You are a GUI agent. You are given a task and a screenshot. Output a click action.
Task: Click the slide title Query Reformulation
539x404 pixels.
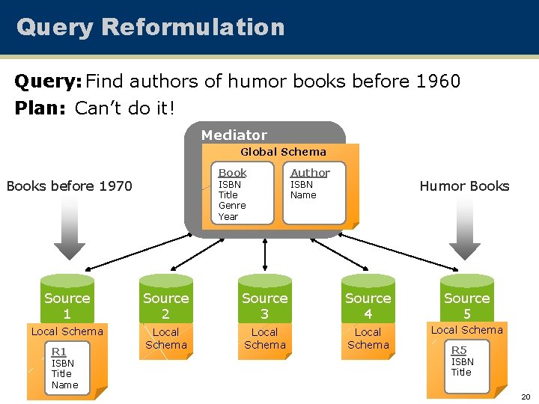(x=150, y=27)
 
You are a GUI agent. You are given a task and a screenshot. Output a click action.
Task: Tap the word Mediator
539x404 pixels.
(x=234, y=135)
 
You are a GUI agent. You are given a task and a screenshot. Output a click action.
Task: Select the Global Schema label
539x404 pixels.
(x=283, y=152)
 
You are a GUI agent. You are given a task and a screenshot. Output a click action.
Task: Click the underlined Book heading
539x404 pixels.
(x=232, y=173)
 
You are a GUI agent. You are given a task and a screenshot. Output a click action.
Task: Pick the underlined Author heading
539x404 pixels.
(x=310, y=173)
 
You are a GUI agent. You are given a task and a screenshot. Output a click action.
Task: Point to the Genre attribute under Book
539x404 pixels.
(x=231, y=206)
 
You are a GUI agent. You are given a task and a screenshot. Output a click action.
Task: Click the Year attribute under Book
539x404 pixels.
(x=228, y=217)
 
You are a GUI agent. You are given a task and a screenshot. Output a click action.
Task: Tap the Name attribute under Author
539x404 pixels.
(x=303, y=195)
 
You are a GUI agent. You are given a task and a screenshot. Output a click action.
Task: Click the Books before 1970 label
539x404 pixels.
(x=69, y=186)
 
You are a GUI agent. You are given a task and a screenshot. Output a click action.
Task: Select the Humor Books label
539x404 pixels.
(x=464, y=186)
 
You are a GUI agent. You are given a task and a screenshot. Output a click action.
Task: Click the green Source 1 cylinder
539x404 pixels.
(x=67, y=299)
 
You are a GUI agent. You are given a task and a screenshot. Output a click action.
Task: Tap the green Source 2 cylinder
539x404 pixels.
(x=165, y=299)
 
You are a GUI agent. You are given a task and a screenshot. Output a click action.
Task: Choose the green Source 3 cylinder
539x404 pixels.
(x=264, y=299)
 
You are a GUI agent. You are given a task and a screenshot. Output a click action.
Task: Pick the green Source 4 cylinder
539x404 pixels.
(x=368, y=299)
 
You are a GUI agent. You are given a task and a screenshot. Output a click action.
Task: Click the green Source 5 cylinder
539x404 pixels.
(x=466, y=299)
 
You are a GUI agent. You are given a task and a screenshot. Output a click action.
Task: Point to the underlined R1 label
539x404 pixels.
(x=58, y=352)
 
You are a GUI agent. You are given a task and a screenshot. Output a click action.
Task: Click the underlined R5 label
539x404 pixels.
(x=458, y=350)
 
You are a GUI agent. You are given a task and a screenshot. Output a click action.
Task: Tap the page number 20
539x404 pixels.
(x=526, y=397)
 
